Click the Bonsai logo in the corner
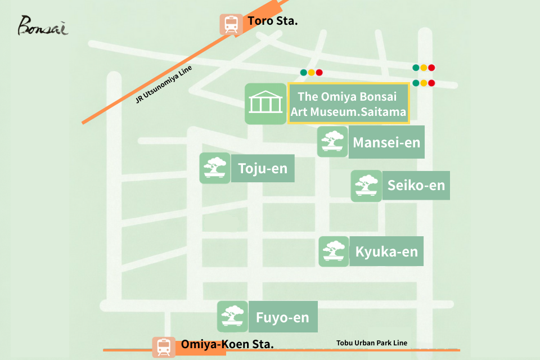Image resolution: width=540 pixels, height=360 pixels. click(43, 25)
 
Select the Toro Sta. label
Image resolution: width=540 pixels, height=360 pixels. click(273, 22)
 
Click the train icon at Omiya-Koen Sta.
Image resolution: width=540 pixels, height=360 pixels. click(163, 346)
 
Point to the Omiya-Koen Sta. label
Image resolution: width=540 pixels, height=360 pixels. click(227, 344)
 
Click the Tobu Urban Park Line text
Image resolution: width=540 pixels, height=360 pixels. click(372, 343)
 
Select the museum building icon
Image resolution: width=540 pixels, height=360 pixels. click(265, 103)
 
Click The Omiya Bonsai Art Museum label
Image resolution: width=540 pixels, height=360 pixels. click(348, 103)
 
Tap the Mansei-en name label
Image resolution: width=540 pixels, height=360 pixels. click(386, 142)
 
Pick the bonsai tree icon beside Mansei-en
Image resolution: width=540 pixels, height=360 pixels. click(332, 141)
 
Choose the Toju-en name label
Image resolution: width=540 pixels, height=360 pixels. click(262, 168)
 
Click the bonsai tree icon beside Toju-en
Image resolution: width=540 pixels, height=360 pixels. click(215, 168)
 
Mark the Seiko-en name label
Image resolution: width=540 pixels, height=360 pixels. click(416, 185)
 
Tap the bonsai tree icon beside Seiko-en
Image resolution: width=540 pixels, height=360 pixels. click(367, 186)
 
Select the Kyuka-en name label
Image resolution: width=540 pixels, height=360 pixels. click(387, 251)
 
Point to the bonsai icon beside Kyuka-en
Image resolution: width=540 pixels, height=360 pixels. click(335, 251)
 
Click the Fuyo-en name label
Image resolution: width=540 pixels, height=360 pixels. click(282, 317)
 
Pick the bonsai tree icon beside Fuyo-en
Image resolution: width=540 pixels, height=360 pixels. click(233, 316)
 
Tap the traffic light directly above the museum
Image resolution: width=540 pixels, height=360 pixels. click(311, 73)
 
